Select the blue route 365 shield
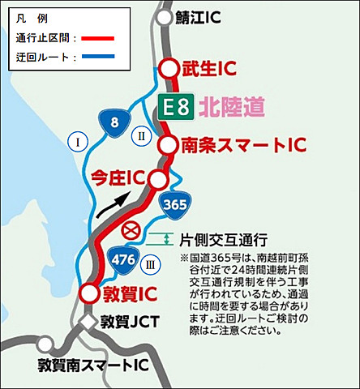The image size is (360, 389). pyautogui.click(x=176, y=204)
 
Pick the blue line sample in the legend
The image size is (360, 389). pyautogui.click(x=88, y=57)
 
